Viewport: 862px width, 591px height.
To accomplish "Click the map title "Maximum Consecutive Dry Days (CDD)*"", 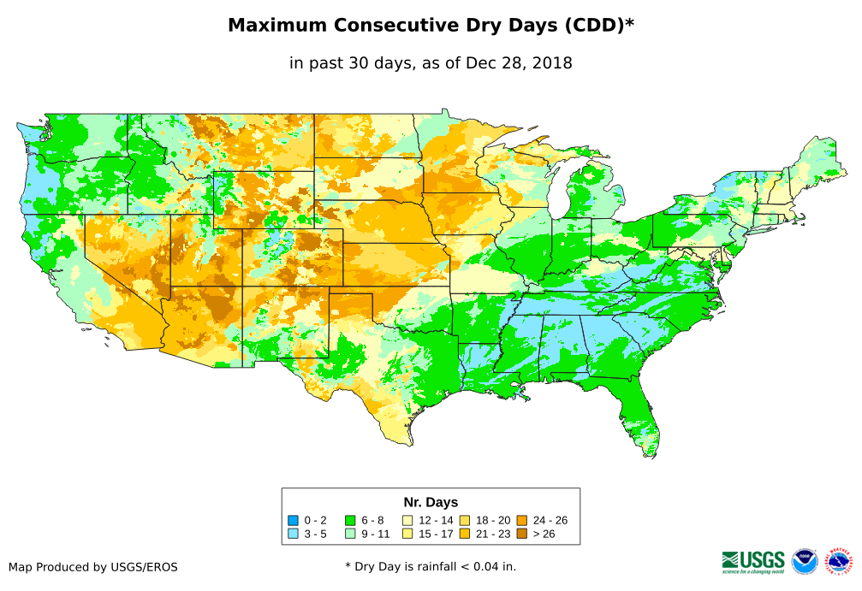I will tap(431, 26).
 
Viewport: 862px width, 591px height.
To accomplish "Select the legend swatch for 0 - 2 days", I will tap(294, 520).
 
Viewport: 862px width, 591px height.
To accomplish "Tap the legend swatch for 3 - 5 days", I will tap(294, 534).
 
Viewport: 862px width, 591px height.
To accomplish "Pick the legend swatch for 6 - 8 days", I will tap(350, 520).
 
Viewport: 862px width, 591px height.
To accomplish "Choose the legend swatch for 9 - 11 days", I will tap(350, 534).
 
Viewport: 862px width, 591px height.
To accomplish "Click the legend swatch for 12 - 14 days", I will tap(407, 520).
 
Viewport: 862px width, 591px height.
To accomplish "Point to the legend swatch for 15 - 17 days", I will tap(407, 534).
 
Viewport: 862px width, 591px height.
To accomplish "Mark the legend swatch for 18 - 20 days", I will tap(464, 520).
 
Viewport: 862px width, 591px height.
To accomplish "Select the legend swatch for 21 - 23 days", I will tap(464, 534).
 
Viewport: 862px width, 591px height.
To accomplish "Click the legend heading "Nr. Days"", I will tap(431, 502).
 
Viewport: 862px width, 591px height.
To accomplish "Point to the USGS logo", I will tap(753, 561).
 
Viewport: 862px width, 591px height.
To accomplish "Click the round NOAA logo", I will tap(805, 561).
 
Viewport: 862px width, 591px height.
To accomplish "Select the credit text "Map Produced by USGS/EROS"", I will tap(93, 566).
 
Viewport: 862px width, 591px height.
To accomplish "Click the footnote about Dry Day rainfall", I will tap(431, 566).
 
